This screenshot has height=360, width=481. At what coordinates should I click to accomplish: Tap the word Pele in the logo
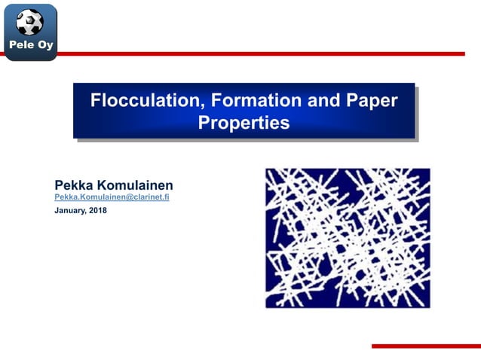pos(20,46)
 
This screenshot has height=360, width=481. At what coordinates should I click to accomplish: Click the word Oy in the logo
pos(44,47)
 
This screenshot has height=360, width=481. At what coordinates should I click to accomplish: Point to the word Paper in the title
pos(372,100)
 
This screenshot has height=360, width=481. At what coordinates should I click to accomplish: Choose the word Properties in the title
pos(243,123)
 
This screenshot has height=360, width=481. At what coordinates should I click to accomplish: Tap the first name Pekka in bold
pos(75,185)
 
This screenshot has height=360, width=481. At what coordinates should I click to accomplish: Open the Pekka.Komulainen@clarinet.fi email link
pos(112,197)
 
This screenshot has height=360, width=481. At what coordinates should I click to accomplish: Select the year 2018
pos(98,211)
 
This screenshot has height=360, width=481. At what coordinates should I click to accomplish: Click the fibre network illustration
pos(348,237)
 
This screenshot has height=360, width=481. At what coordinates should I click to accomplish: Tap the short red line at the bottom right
pos(426,346)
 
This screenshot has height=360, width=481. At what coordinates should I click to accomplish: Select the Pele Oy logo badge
pos(31,32)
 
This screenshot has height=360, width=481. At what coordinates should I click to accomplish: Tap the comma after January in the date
pos(87,213)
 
